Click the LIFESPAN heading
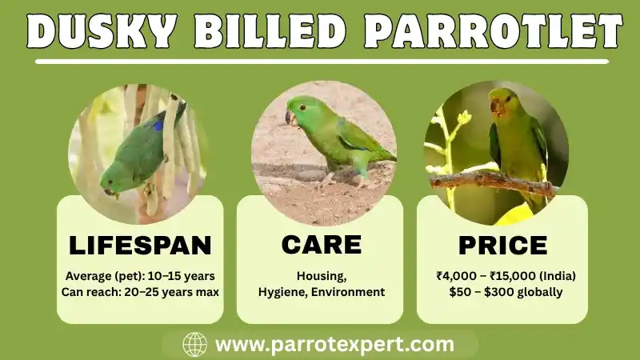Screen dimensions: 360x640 [x=140, y=245]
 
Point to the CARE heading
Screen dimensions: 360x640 [x=321, y=245]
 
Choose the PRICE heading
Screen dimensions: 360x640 [x=502, y=245]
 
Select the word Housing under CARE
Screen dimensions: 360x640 [x=321, y=276]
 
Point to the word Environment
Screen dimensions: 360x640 [x=349, y=292]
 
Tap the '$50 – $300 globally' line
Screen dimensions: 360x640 [x=505, y=292]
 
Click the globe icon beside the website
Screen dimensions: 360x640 [x=194, y=345]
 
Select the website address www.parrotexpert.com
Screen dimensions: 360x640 [x=334, y=345]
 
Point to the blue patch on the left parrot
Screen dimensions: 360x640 [x=158, y=125]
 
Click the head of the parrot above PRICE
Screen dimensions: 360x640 [x=501, y=104]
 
